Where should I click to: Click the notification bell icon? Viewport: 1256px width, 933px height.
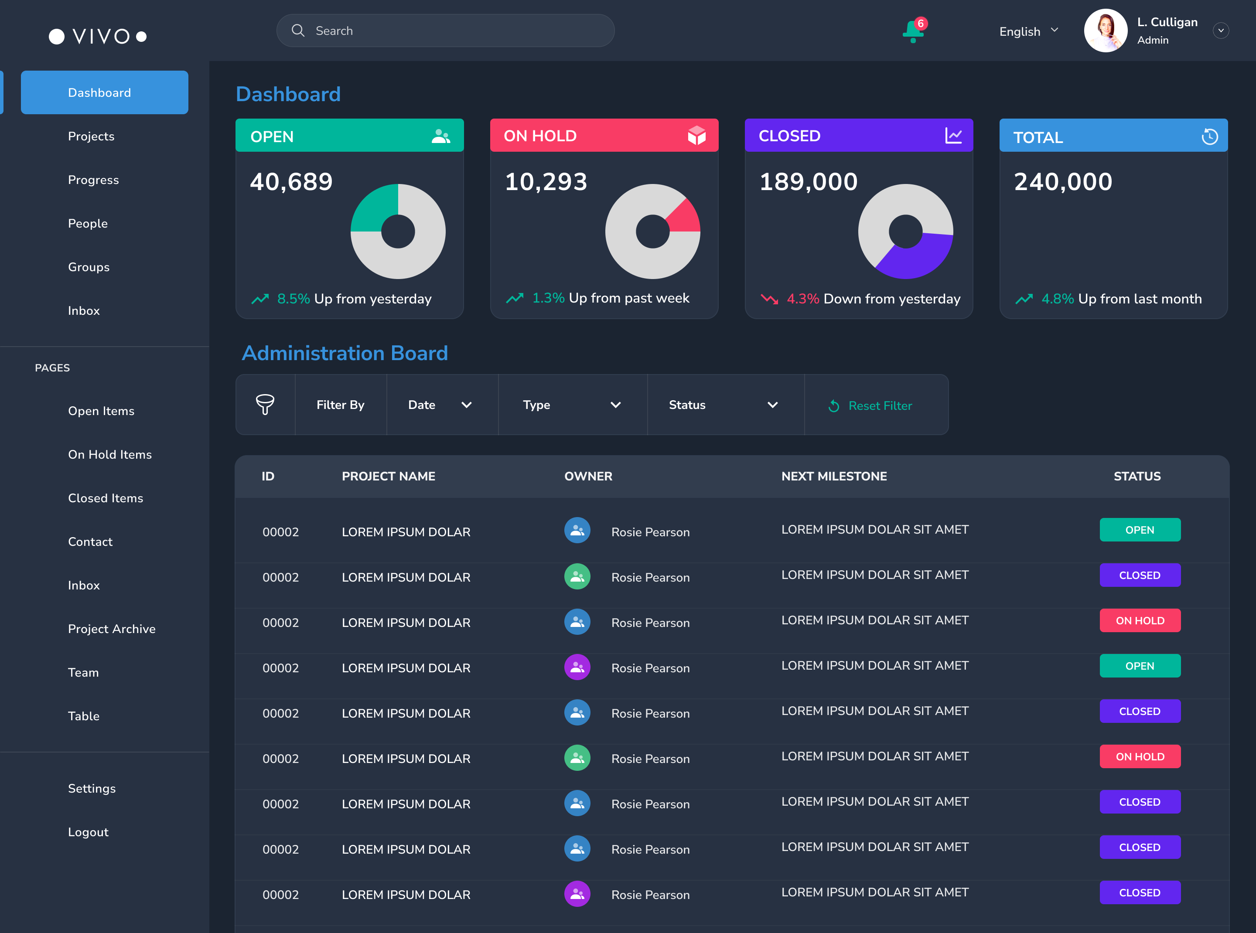912,32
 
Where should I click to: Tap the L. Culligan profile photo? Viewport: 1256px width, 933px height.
1105,31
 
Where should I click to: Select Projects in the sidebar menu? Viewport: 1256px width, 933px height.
91,136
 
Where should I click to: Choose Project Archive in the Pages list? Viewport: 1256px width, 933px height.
111,629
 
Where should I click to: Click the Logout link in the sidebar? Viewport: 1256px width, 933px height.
88,832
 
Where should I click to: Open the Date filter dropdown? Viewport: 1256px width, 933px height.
440,405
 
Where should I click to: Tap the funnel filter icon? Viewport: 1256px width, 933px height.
265,405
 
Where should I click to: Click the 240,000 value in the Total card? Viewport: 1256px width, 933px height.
1063,182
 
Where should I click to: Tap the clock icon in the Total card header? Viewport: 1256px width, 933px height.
1209,136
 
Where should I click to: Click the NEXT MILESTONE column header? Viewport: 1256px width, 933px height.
834,476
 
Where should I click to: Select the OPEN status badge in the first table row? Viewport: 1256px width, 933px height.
1140,530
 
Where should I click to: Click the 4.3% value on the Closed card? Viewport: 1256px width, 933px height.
802,299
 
